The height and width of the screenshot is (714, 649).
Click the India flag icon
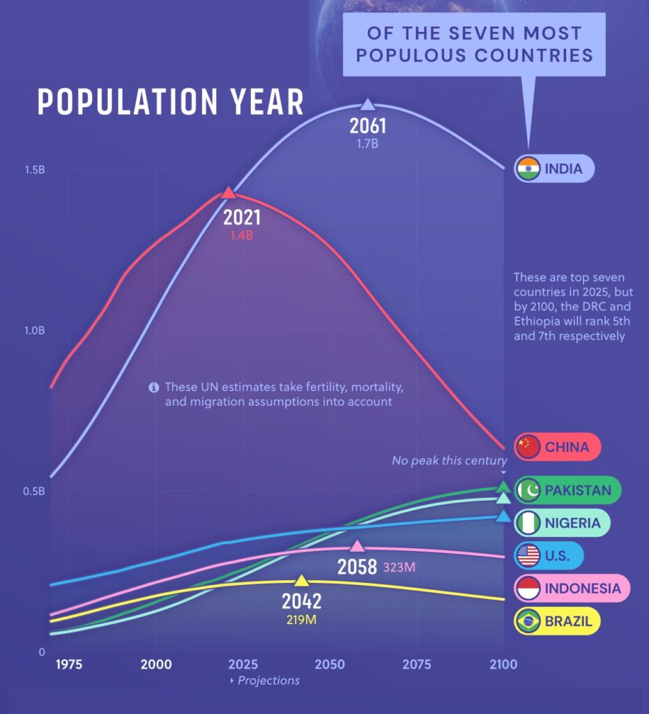tap(528, 168)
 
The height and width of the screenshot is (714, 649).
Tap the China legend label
tap(567, 447)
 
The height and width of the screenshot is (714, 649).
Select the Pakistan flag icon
tap(528, 490)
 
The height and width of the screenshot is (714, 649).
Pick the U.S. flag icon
tap(528, 556)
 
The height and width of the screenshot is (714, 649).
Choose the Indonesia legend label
tap(582, 588)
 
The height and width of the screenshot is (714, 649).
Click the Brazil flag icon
tap(528, 621)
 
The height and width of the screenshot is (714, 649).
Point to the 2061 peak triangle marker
tap(367, 105)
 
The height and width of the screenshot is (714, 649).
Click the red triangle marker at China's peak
tap(228, 192)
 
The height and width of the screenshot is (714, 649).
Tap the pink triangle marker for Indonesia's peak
tap(357, 546)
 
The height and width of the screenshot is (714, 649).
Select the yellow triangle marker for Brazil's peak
tap(301, 580)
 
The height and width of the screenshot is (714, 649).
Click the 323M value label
tap(399, 567)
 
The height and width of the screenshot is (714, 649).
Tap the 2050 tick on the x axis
tap(328, 664)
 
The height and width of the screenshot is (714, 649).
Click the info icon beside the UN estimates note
tap(154, 388)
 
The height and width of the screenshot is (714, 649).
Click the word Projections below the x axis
tap(268, 681)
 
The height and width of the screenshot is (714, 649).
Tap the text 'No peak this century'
tap(449, 461)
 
